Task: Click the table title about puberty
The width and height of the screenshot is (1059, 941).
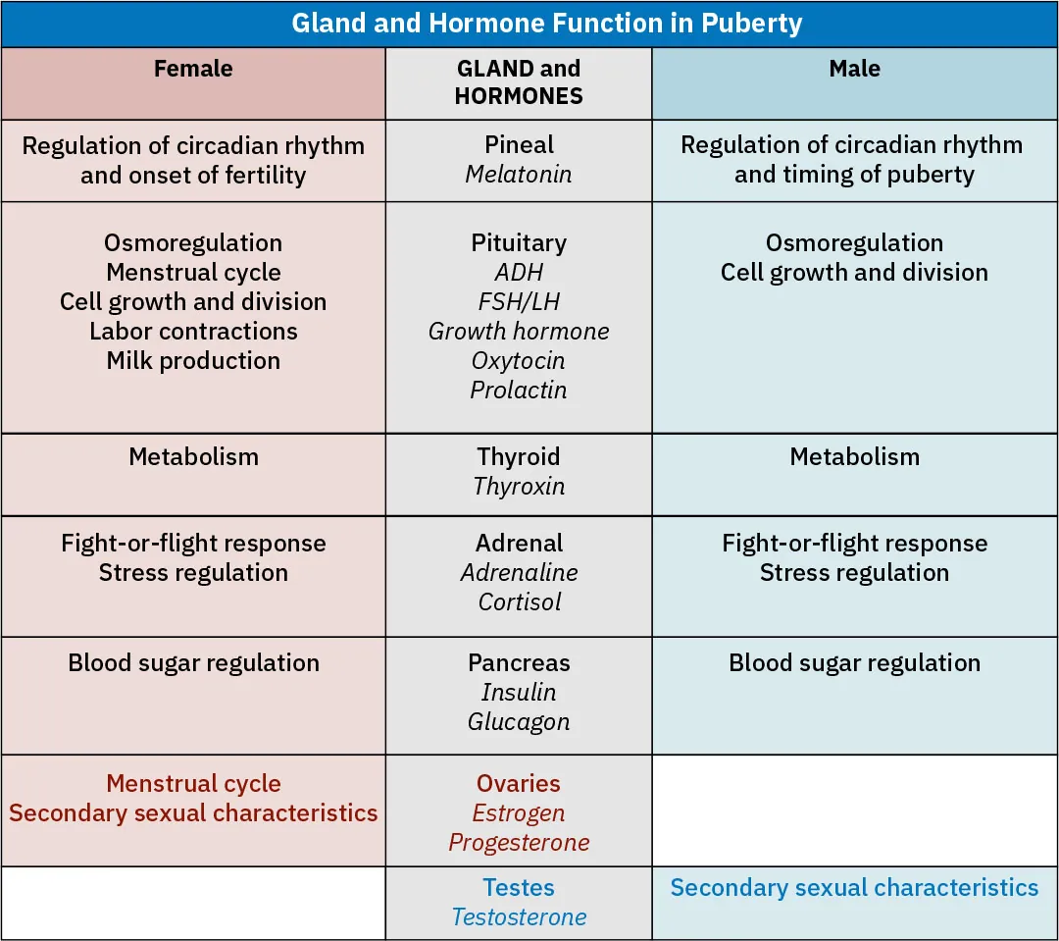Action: tap(546, 24)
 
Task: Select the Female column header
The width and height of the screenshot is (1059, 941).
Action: tap(193, 69)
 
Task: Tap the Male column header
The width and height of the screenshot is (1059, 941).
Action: tap(854, 69)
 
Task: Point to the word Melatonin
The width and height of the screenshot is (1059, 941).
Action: tap(518, 175)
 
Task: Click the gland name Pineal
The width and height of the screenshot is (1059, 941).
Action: tap(519, 145)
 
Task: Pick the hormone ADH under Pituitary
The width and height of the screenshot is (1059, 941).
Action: tap(519, 272)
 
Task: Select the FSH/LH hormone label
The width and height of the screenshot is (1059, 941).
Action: tap(519, 301)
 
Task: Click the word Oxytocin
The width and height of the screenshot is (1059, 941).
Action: tap(518, 360)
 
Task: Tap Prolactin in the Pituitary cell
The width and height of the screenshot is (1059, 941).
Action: tap(518, 390)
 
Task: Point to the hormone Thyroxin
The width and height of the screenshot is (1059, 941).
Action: tap(518, 486)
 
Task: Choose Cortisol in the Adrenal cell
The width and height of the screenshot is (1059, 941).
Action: tap(519, 601)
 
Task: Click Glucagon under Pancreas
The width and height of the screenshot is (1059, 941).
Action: tap(518, 721)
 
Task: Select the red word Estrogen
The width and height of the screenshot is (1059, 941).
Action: tap(518, 813)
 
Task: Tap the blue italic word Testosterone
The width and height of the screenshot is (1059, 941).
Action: tap(519, 917)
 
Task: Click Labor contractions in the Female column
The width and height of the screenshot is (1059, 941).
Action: tap(193, 331)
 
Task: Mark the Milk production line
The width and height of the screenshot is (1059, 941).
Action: tap(193, 360)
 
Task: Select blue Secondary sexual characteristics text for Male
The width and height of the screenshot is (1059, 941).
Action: tap(854, 888)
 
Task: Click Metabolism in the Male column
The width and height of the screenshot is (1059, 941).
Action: tap(854, 456)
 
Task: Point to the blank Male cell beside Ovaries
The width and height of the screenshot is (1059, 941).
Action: tap(854, 810)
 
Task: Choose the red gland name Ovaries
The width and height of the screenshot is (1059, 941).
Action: tap(518, 784)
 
